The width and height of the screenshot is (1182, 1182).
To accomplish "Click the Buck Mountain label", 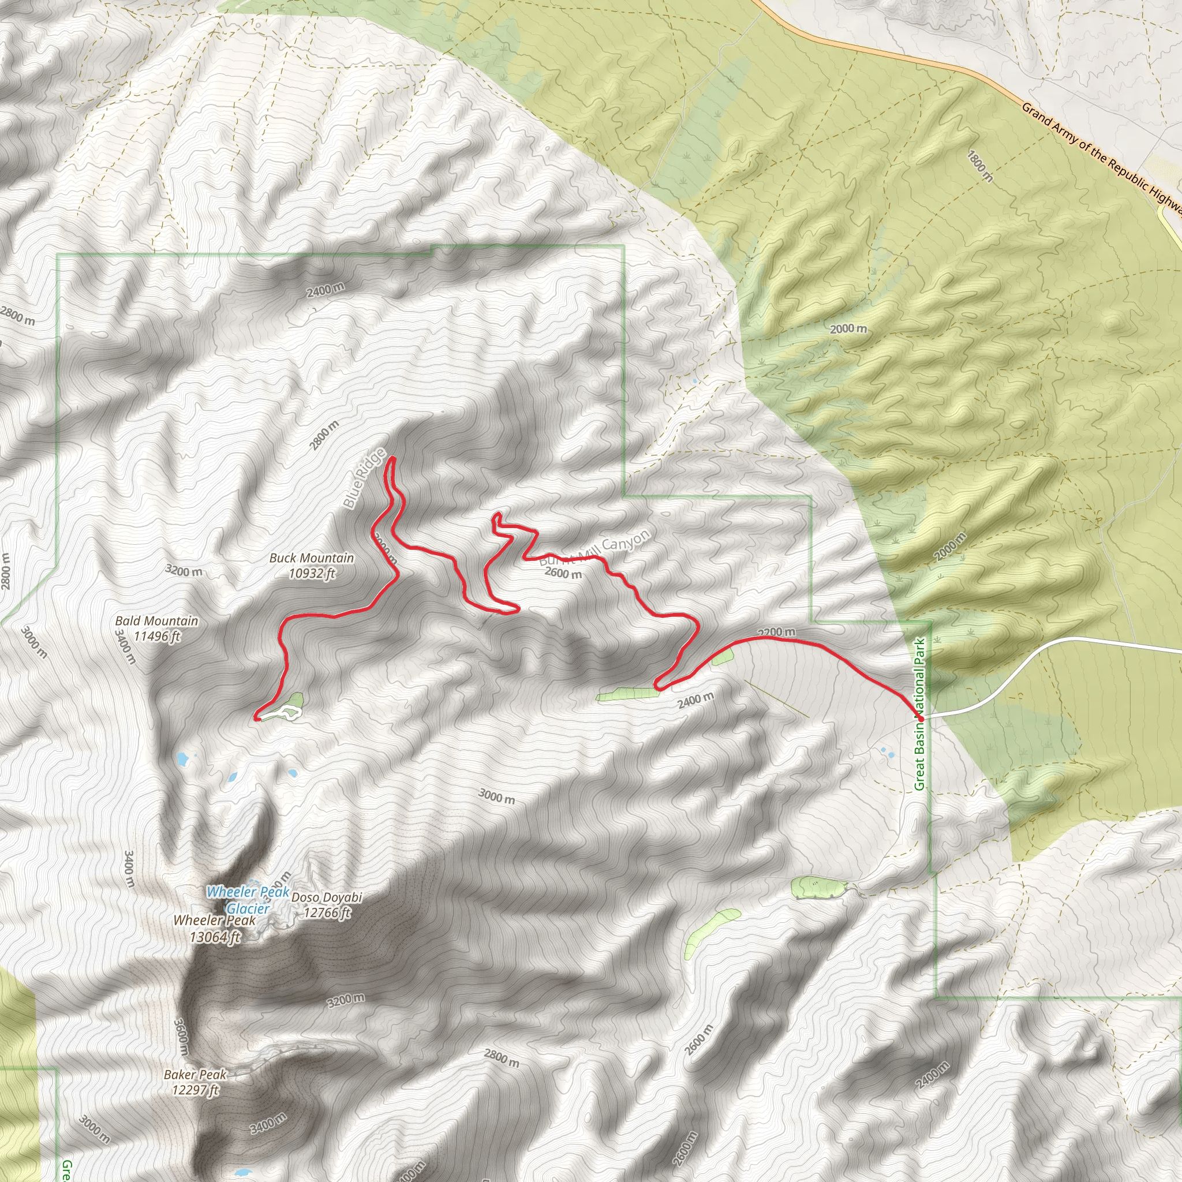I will [312, 558].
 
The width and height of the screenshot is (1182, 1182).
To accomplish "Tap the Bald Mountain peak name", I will [156, 621].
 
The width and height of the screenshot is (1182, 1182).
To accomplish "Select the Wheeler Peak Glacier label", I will [248, 900].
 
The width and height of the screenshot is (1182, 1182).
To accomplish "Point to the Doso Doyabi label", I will [327, 897].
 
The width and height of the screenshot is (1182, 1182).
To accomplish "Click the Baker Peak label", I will [195, 1075].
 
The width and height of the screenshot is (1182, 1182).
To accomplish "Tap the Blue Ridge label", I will [365, 478].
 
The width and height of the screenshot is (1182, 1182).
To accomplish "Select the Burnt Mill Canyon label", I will [594, 548].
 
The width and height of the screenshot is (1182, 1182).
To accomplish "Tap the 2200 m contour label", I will [776, 632].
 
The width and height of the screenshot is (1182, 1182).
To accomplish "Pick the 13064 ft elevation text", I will [215, 937].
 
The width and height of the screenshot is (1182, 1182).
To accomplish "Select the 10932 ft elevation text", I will [312, 573].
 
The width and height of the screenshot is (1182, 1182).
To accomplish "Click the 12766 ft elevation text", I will [327, 913].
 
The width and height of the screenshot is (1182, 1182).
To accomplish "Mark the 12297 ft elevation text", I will [195, 1090].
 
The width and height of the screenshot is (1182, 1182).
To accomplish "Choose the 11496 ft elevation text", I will [156, 636].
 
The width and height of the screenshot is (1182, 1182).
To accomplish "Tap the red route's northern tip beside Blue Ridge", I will [391, 458].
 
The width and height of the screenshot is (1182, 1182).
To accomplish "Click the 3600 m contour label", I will [181, 1036].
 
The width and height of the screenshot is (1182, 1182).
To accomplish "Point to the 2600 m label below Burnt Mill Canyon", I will [563, 573].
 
